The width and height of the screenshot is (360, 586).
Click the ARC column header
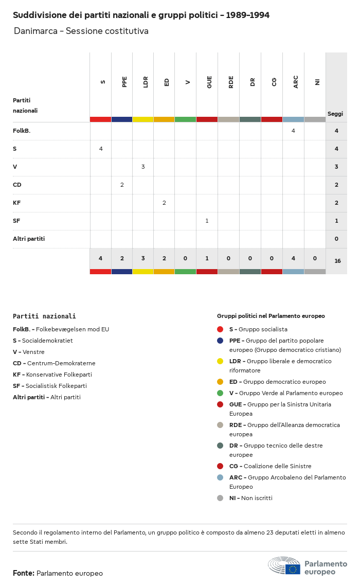296,82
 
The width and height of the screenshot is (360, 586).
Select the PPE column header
124,82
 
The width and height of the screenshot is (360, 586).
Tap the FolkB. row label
22,131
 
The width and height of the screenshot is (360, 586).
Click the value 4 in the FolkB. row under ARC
293,131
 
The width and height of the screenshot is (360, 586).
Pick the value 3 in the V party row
143,167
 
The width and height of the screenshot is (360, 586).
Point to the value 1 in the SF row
207,221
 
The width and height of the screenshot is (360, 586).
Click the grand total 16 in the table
337,261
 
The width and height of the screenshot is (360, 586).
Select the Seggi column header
335,114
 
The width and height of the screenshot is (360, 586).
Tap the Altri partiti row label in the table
29,239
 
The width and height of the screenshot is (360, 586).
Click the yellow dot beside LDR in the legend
220,361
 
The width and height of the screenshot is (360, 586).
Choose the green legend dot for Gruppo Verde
220,393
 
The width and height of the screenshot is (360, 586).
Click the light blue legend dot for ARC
220,477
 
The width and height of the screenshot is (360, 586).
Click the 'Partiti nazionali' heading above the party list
44,316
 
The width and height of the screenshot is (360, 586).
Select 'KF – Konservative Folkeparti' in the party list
52,375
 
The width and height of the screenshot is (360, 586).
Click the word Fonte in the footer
24,573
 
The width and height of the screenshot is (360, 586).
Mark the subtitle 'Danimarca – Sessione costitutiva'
81,31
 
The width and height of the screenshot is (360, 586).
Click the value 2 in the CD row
122,185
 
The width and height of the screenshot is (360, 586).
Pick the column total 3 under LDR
143,258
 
